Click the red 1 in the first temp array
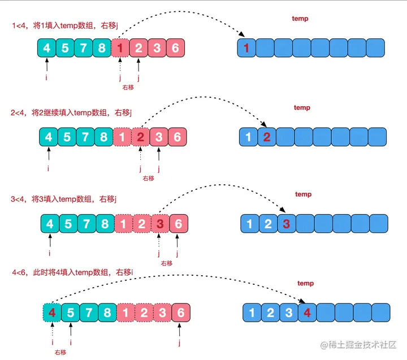pyautogui.click(x=246, y=48)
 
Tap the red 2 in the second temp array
pyautogui.click(x=267, y=136)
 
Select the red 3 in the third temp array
pyautogui.click(x=287, y=223)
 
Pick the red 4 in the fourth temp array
pyautogui.click(x=306, y=312)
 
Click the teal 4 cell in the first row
pyautogui.click(x=47, y=48)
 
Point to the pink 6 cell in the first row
pyautogui.click(x=175, y=48)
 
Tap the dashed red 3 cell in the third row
pyautogui.click(x=160, y=224)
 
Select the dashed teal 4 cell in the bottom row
pyautogui.click(x=52, y=312)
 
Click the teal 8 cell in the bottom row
pyautogui.click(x=107, y=312)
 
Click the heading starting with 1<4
pyautogui.click(x=68, y=25)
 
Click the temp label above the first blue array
pyautogui.click(x=300, y=19)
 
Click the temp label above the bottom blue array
pyautogui.click(x=305, y=283)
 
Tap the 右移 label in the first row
pyautogui.click(x=128, y=88)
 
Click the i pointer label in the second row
pyautogui.click(x=49, y=168)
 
